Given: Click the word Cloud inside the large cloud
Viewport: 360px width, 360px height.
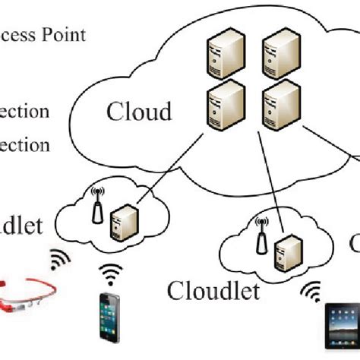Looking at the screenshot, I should coord(141,112).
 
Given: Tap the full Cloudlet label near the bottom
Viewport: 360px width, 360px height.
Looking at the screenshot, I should coord(213,290).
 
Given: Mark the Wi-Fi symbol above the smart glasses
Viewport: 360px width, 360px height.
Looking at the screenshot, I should coord(60,260).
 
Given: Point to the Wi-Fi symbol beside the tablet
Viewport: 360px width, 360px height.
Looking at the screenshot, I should coord(311,290).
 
